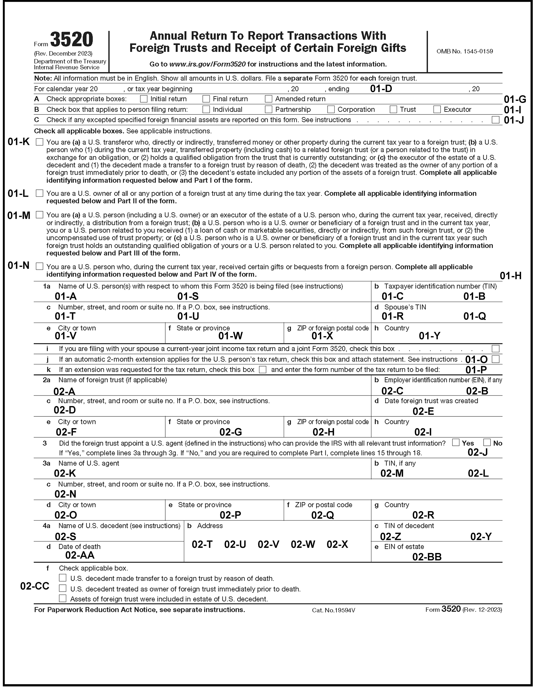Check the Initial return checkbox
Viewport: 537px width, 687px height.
[144, 99]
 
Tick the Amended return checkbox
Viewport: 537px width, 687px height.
[268, 99]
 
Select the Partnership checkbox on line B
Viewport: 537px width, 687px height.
[268, 110]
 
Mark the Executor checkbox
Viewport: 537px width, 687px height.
[437, 110]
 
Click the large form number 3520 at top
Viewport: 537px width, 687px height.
[72, 40]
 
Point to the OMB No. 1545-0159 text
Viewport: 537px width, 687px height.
[464, 51]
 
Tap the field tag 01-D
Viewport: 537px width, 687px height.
[381, 89]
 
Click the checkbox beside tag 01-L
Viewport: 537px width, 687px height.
[39, 193]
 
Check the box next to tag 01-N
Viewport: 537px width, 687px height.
[39, 266]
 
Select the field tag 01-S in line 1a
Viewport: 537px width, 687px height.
[188, 296]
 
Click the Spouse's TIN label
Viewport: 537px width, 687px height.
[405, 307]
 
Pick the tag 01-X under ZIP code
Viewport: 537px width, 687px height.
[322, 336]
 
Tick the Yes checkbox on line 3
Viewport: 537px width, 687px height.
[456, 443]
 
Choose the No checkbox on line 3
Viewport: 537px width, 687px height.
[487, 443]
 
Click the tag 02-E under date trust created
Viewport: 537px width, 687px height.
[423, 412]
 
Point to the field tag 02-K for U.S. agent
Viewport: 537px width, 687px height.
[65, 473]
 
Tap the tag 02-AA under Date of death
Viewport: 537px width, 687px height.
[80, 555]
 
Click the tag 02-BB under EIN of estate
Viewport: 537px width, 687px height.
[427, 557]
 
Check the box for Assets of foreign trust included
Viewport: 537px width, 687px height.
[63, 598]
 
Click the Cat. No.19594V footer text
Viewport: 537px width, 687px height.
[333, 611]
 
